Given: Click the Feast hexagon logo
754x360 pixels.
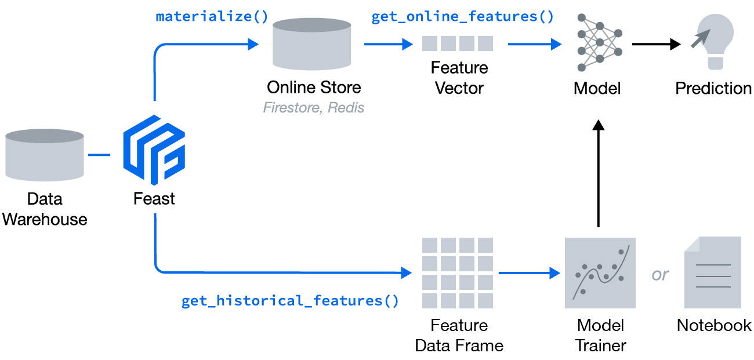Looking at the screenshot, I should point(154,150).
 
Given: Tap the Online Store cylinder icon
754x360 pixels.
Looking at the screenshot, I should point(312,44).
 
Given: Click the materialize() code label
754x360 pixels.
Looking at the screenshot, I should point(212,16).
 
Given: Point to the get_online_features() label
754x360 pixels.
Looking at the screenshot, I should point(463,16).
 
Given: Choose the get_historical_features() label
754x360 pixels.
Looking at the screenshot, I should point(290,301).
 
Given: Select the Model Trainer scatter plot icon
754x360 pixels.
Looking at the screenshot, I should point(600,272).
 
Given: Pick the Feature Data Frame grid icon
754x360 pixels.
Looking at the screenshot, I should point(458,272).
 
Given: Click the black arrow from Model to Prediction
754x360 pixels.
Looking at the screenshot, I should point(656,44).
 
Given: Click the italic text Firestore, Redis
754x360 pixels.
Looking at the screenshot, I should point(314,108).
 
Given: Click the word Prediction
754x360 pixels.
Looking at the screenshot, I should point(713,88).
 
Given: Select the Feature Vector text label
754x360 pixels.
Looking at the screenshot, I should point(459,78).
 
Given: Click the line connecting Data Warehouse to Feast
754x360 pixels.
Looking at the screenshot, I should point(99,155).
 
